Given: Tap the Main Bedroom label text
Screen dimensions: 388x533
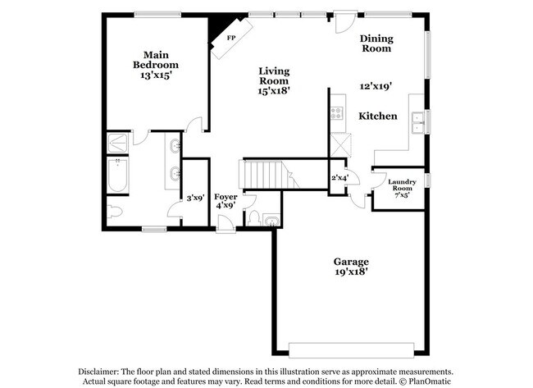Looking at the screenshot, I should tap(156, 59).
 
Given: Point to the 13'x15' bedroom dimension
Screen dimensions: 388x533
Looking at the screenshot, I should tap(156, 75).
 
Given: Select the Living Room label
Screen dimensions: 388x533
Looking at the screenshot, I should tap(274, 75).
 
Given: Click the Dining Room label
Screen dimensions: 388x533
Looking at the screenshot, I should tap(376, 43).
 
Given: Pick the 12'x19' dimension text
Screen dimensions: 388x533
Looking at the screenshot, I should tap(376, 85).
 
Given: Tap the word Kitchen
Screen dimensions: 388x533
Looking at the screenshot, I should tap(378, 116).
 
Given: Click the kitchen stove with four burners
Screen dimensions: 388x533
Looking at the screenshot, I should tap(337, 113).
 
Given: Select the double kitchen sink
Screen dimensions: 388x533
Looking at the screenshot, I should tap(417, 121).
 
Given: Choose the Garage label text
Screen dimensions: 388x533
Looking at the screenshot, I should tap(350, 262).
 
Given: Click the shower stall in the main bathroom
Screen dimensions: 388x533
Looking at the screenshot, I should tap(118, 144).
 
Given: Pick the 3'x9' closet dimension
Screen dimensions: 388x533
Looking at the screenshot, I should tap(194, 198).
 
